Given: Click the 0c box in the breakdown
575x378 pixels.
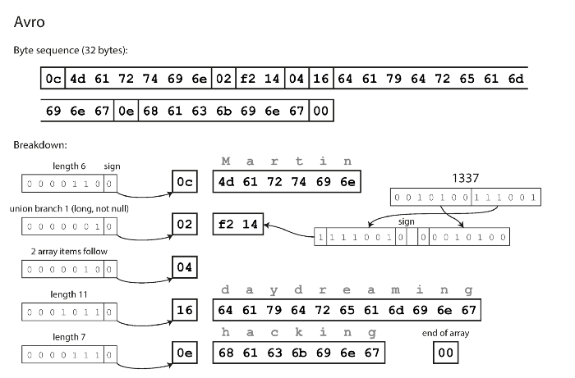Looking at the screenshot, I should click(186, 181).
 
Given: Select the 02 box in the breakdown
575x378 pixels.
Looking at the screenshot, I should click(186, 224).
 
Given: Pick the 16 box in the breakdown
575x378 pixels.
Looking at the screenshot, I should click(186, 310).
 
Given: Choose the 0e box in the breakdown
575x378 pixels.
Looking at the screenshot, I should click(186, 352).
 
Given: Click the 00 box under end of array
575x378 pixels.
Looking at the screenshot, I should click(445, 352).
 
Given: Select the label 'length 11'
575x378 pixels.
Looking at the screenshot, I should click(67, 294).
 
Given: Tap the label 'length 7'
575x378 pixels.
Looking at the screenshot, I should click(67, 336).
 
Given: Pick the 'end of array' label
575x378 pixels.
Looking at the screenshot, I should click(444, 333).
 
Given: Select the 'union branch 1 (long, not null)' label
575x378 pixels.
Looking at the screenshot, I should click(67, 208).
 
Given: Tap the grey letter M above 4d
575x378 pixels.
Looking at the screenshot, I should click(228, 162).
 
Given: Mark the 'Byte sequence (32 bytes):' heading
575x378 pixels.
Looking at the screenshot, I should click(71, 50).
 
